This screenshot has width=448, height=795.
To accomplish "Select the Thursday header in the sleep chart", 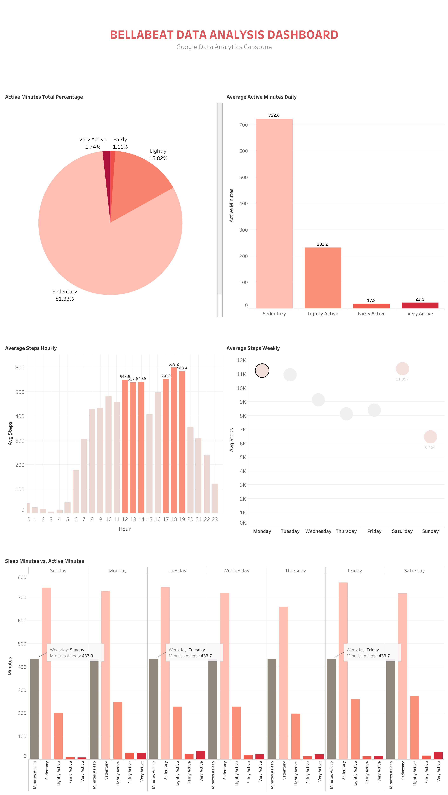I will click(295, 571).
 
